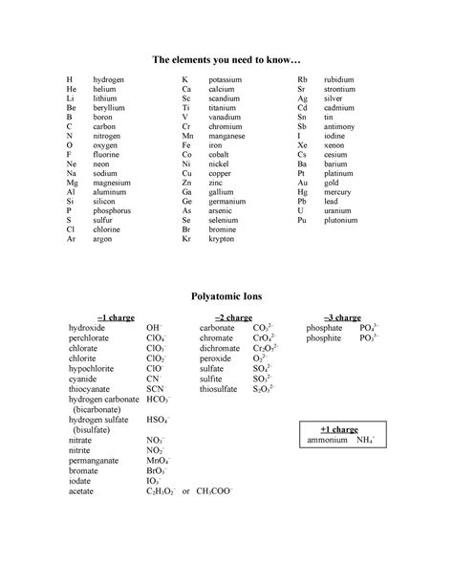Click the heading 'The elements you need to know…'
click(x=226, y=60)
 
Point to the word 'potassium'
click(x=226, y=79)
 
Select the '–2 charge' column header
click(x=232, y=316)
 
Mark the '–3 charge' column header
click(x=341, y=316)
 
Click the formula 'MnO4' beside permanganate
click(x=157, y=459)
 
